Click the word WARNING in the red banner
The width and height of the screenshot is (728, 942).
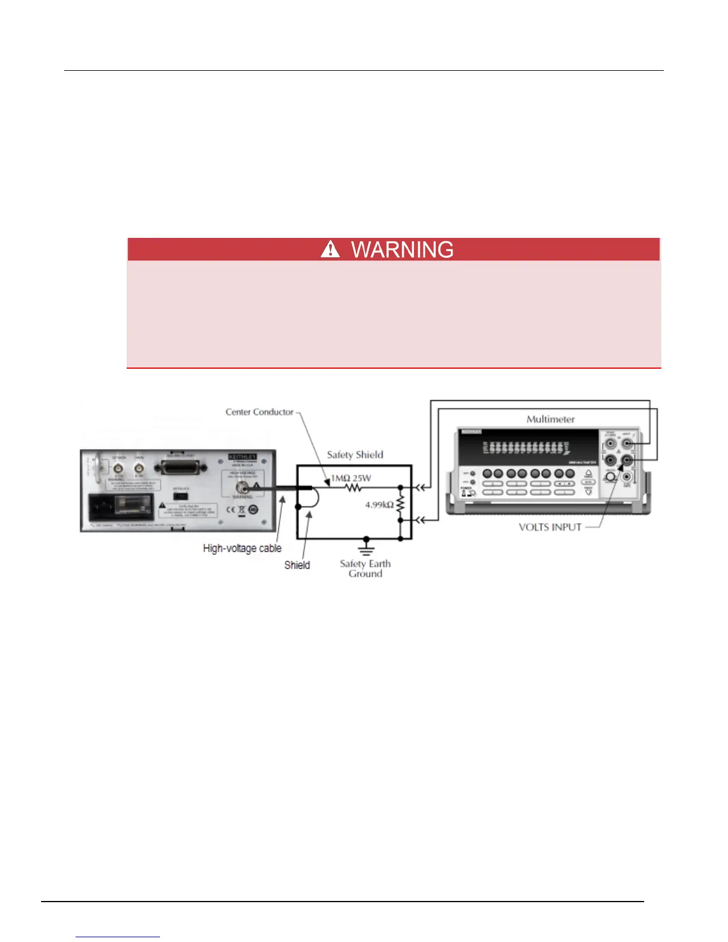pyautogui.click(x=402, y=250)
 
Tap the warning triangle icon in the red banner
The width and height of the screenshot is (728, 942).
pyautogui.click(x=330, y=249)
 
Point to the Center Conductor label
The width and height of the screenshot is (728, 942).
pyautogui.click(x=259, y=412)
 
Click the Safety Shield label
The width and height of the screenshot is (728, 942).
pyautogui.click(x=355, y=455)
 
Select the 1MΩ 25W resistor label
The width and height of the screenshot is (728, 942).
pyautogui.click(x=351, y=478)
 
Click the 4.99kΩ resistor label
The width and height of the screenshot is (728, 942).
pyautogui.click(x=379, y=505)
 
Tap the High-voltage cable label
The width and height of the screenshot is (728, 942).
pyautogui.click(x=242, y=548)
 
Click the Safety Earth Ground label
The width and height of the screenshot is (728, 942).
pyautogui.click(x=365, y=569)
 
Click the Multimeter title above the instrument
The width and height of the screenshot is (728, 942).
pyautogui.click(x=550, y=419)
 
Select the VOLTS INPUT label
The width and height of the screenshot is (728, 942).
pyautogui.click(x=550, y=527)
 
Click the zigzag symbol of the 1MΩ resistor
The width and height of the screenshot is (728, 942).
pyautogui.click(x=354, y=488)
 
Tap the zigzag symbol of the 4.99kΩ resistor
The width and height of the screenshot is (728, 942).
pyautogui.click(x=400, y=505)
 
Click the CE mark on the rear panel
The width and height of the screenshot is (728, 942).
pyautogui.click(x=230, y=510)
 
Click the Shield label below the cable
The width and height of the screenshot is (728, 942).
pyautogui.click(x=297, y=565)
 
